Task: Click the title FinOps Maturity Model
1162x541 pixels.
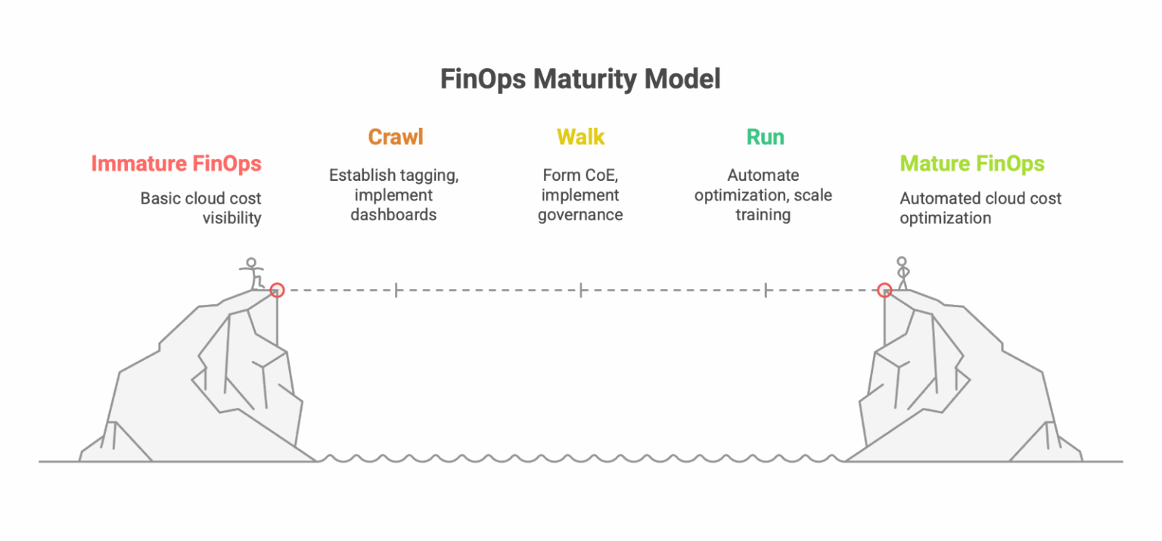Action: [580, 79]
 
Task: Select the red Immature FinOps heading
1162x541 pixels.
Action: [176, 163]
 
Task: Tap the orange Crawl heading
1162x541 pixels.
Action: [395, 137]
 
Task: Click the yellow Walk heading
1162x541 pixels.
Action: [580, 137]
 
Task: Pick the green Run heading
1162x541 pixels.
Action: [765, 137]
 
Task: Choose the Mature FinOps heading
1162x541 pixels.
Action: [971, 163]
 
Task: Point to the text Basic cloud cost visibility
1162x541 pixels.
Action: [200, 208]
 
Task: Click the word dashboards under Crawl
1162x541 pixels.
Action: [393, 215]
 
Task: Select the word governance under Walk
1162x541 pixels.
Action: [580, 215]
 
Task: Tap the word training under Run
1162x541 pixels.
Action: [763, 215]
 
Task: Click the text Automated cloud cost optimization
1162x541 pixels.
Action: [980, 208]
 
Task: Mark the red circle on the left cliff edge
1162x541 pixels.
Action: [277, 289]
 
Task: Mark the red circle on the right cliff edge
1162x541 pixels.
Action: [884, 289]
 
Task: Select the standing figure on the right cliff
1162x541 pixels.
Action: [901, 273]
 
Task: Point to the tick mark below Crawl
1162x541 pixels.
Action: [396, 289]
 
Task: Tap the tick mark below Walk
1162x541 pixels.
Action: [580, 289]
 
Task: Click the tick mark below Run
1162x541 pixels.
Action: [766, 289]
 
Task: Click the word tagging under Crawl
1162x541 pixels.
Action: [433, 176]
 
